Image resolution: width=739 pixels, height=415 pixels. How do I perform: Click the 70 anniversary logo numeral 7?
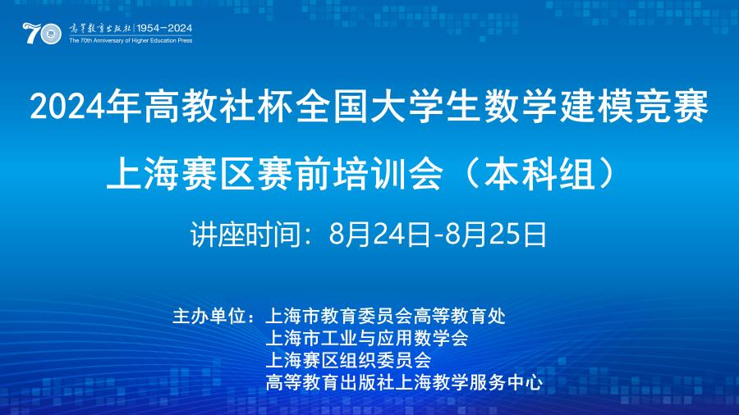31,33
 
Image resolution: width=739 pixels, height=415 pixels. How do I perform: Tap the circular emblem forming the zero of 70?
51,34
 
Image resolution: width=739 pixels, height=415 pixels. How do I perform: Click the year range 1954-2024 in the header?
164,28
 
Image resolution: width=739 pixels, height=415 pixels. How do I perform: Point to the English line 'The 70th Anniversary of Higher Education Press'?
131,40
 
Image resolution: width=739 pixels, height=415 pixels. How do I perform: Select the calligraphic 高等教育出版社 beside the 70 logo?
100,28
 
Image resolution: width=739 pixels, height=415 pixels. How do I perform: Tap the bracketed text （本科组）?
538,174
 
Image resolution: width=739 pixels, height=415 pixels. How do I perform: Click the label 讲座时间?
245,234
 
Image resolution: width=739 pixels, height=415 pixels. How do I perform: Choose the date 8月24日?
379,234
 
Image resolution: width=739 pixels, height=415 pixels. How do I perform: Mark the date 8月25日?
496,234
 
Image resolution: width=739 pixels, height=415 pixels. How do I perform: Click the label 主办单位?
209,316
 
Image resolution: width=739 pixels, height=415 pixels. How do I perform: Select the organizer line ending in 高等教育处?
386,316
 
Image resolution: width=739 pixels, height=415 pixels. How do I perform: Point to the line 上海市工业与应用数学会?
367,338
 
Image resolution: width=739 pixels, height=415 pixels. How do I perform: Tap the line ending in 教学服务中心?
404,382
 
